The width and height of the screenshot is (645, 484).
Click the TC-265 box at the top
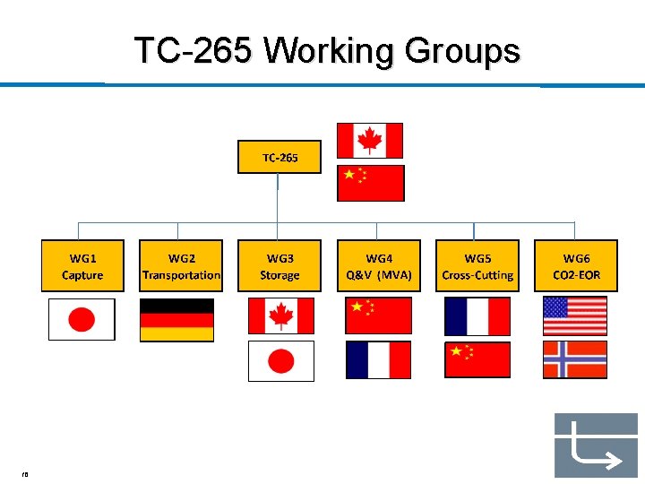click(279, 157)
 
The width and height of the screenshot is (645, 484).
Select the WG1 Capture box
click(82, 266)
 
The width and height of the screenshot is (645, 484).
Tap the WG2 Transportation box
click(181, 266)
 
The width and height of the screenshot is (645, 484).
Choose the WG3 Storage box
click(279, 266)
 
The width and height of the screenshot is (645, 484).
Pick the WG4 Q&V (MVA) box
click(379, 266)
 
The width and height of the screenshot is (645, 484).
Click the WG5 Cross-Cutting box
click(477, 266)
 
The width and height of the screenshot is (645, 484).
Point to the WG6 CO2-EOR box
click(577, 266)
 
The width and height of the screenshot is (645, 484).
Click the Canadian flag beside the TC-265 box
click(369, 141)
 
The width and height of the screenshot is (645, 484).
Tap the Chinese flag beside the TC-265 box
click(370, 183)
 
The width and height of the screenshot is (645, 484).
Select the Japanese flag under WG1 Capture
click(82, 319)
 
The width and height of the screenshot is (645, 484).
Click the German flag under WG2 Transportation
click(176, 320)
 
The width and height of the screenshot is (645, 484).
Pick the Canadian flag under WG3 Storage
click(281, 316)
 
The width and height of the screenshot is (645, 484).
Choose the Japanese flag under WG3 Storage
click(281, 360)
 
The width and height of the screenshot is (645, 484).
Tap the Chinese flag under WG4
click(378, 315)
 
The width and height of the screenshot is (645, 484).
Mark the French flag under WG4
click(378, 360)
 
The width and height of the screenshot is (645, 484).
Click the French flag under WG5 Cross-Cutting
click(477, 316)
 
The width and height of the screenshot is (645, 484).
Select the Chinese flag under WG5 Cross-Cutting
click(477, 360)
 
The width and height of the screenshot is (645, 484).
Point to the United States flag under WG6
click(575, 315)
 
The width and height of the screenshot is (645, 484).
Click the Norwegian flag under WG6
click(575, 359)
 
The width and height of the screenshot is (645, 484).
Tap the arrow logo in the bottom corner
click(595, 445)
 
